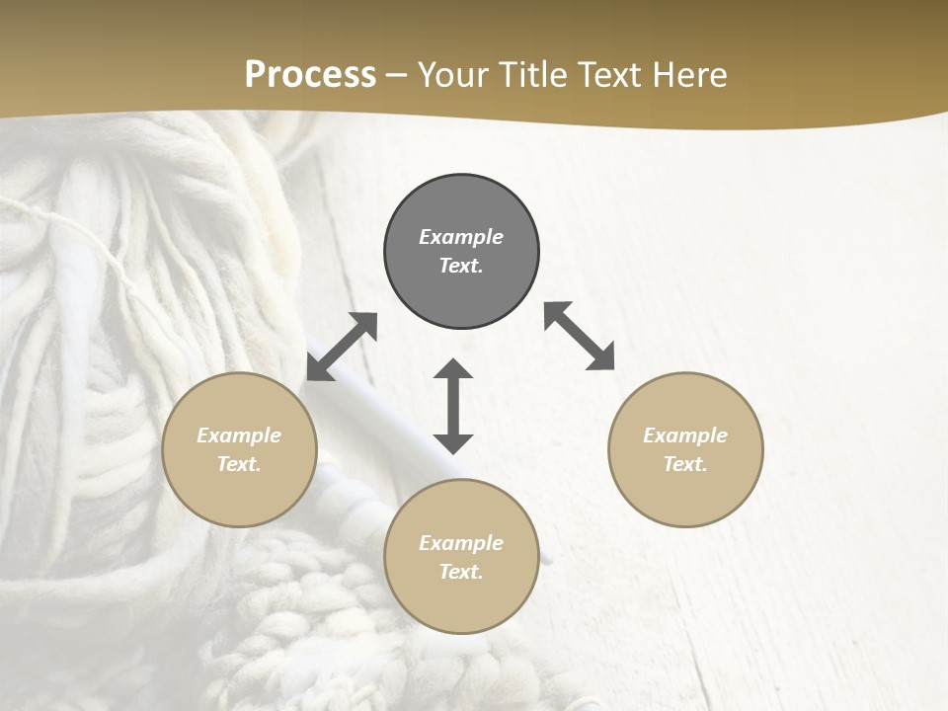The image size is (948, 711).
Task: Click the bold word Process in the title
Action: tap(310, 75)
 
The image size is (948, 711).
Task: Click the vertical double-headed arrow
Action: tap(453, 406)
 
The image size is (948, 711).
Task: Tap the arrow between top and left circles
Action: tap(342, 347)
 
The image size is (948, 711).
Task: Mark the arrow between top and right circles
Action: tap(580, 336)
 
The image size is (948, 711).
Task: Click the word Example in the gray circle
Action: tap(461, 237)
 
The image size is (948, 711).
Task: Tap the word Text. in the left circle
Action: tap(239, 464)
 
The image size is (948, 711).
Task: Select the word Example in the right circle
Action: tap(685, 435)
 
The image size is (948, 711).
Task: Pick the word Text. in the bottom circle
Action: tap(461, 572)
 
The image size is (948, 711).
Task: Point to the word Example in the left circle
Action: tap(239, 435)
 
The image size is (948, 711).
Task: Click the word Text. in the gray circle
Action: tap(461, 266)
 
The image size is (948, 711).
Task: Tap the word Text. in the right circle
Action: tap(685, 464)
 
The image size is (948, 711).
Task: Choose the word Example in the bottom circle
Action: tap(461, 543)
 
